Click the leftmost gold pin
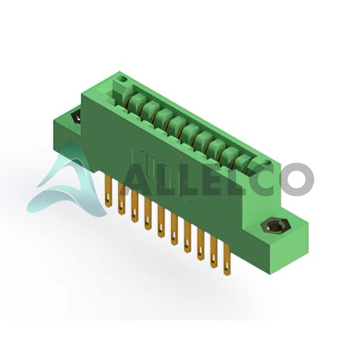tap(108, 191)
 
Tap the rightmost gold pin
tap(227, 259)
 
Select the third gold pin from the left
tap(135, 206)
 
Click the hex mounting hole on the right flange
tap(276, 226)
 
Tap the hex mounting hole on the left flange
tap(76, 117)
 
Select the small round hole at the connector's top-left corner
tap(124, 79)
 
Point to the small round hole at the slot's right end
tap(268, 163)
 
